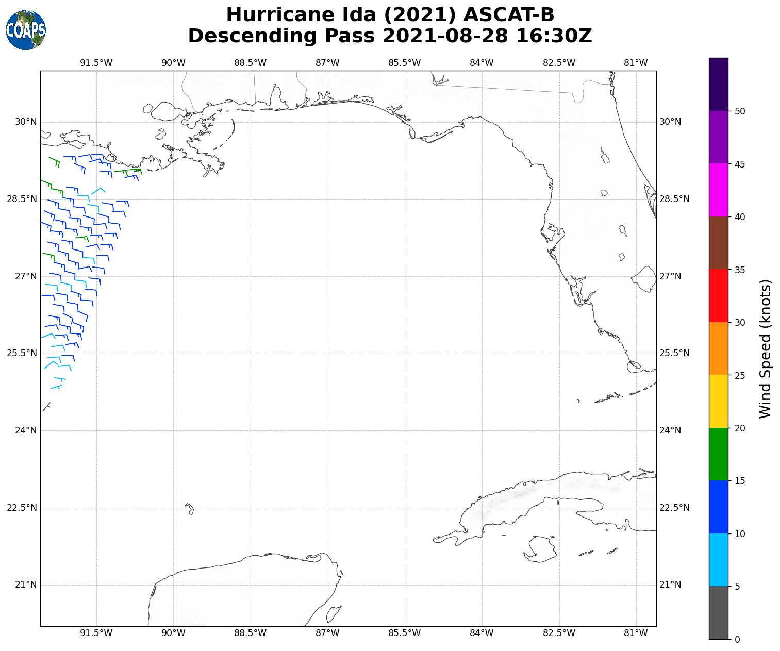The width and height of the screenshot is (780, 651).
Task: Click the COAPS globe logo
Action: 26,30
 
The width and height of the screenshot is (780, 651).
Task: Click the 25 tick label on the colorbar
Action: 739,376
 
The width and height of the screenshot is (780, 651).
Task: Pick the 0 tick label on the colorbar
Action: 737,640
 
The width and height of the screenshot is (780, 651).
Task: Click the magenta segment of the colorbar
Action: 718,190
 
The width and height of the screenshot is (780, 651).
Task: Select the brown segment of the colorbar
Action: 718,243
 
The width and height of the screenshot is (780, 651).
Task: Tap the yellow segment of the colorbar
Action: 718,401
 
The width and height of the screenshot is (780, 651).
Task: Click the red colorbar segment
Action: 718,295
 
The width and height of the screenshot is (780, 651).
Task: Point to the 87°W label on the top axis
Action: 327,63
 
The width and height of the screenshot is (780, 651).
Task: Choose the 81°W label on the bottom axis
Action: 636,633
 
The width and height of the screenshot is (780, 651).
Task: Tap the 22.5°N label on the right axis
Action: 674,508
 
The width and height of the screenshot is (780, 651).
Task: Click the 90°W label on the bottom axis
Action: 173,633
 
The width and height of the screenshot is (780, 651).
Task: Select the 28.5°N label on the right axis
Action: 674,199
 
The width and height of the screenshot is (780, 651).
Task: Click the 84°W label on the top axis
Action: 482,63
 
